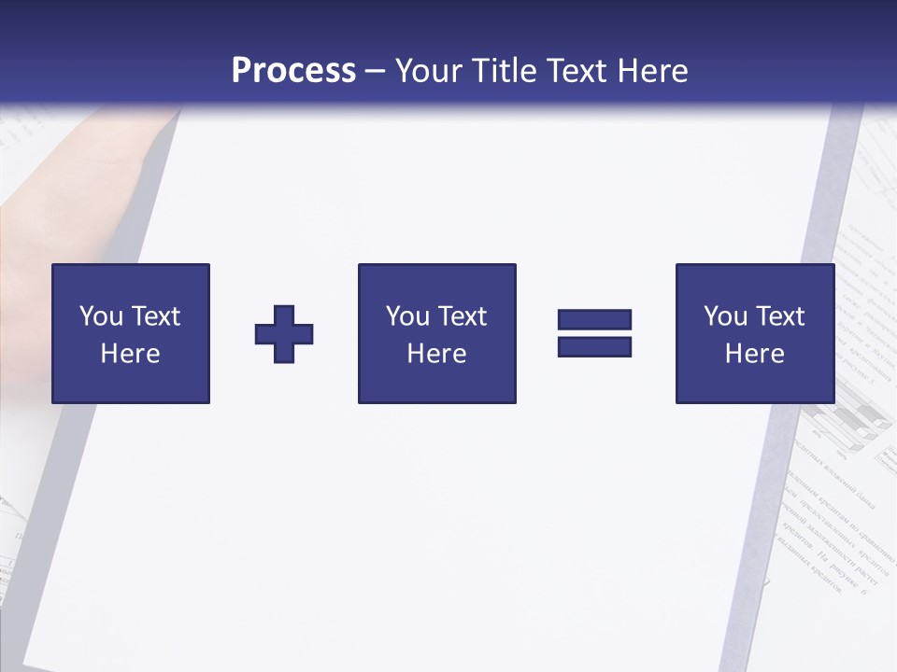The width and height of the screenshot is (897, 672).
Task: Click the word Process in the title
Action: [x=293, y=71]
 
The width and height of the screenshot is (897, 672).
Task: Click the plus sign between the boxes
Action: [x=284, y=334]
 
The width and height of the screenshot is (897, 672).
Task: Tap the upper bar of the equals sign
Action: [x=594, y=320]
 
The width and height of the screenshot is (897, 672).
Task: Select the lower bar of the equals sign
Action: [x=594, y=346]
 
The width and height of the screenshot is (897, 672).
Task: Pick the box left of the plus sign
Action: [x=131, y=333]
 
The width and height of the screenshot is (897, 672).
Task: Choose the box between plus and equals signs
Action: [x=436, y=333]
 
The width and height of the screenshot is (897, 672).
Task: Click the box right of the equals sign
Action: [x=754, y=333]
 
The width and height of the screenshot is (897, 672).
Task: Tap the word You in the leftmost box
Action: [x=101, y=316]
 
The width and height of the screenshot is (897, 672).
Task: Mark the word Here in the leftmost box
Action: [x=130, y=354]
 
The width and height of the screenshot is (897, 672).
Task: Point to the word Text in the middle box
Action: [x=463, y=316]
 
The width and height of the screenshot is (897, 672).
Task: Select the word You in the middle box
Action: [x=407, y=316]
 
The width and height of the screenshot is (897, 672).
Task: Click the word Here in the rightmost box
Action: [x=754, y=354]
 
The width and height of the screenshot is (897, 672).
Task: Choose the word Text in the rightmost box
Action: [x=780, y=316]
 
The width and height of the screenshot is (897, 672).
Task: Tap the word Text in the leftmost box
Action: [x=156, y=316]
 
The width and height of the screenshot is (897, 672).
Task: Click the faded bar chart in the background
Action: [x=846, y=425]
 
